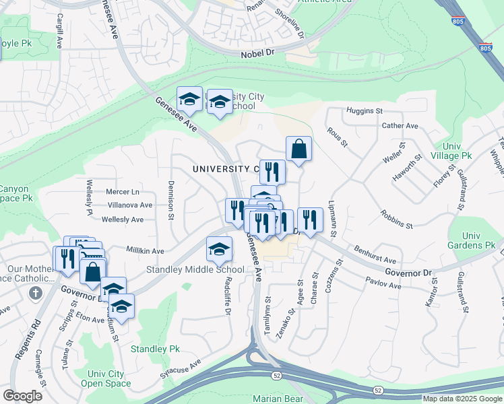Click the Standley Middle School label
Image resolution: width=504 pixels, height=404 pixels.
click(195, 270)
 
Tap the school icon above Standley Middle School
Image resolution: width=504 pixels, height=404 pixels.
click(219, 250)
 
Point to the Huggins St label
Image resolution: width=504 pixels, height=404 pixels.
click(364, 110)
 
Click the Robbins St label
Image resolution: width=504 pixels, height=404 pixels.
click(396, 219)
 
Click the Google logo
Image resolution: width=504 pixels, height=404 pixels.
click(22, 396)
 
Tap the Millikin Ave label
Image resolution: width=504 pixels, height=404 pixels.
click(146, 250)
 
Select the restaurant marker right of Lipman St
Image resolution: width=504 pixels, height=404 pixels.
click(309, 219)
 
